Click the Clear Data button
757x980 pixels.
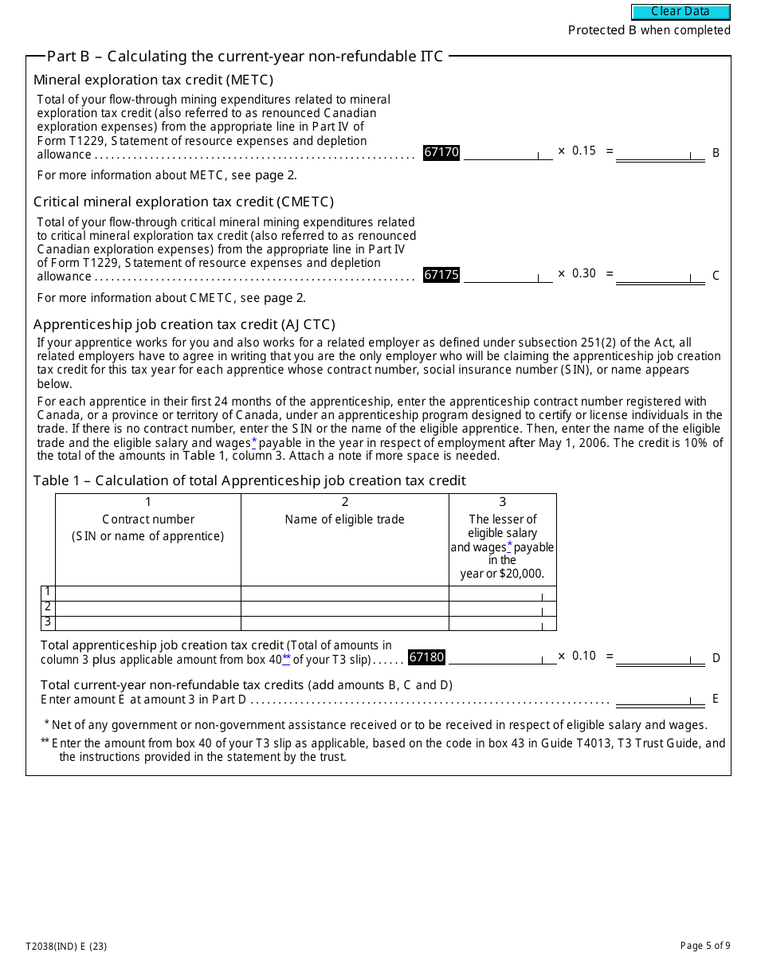pyautogui.click(x=681, y=12)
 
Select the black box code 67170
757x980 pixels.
pyautogui.click(x=441, y=152)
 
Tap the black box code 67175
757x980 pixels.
pyautogui.click(x=441, y=275)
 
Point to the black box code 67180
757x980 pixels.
pyautogui.click(x=426, y=657)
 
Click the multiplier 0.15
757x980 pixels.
pyautogui.click(x=584, y=151)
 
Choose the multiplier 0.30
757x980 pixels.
pyautogui.click(x=584, y=273)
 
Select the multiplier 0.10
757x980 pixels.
pyautogui.click(x=584, y=656)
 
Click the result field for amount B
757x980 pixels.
pyautogui.click(x=660, y=153)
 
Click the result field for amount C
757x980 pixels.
pyautogui.click(x=660, y=276)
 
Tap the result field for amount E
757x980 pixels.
pyautogui.click(x=660, y=699)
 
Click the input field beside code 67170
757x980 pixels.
pyautogui.click(x=507, y=153)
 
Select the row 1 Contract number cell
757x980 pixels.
pyautogui.click(x=147, y=594)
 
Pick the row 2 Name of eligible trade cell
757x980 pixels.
pyautogui.click(x=344, y=609)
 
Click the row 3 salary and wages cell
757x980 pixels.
pyautogui.click(x=502, y=623)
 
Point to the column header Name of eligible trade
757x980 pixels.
pyautogui.click(x=344, y=519)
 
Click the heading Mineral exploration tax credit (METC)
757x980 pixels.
pyautogui.click(x=153, y=80)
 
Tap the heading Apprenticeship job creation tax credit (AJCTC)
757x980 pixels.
pyautogui.click(x=184, y=324)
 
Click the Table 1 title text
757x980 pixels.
pyautogui.click(x=249, y=480)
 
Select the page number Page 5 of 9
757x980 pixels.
pyautogui.click(x=704, y=946)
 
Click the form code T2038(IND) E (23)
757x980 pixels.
pyautogui.click(x=66, y=947)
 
